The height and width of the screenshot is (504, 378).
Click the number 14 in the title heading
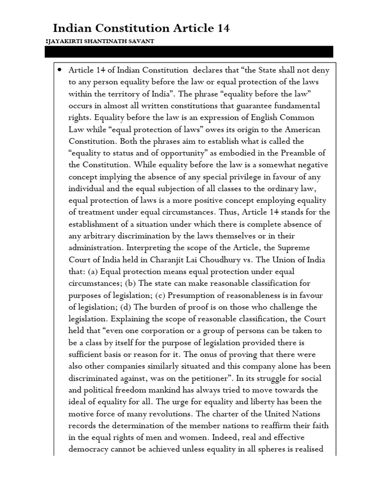coord(221,29)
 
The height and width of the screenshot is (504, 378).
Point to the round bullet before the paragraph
coord(59,70)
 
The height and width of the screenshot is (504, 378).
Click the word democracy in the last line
coord(89,448)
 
